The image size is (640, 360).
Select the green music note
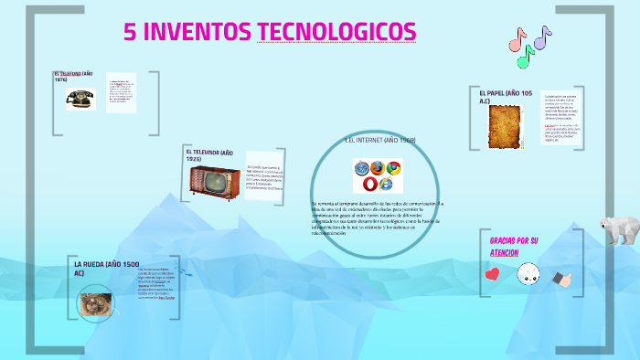[x=526, y=57]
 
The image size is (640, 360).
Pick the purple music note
[x=542, y=37]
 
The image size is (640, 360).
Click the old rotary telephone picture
[x=80, y=98]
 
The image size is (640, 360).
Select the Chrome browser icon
[x=393, y=167]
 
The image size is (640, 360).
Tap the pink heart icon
[x=492, y=272]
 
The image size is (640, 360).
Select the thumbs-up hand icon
[x=561, y=277]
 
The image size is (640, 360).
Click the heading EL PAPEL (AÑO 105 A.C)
[x=505, y=97]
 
